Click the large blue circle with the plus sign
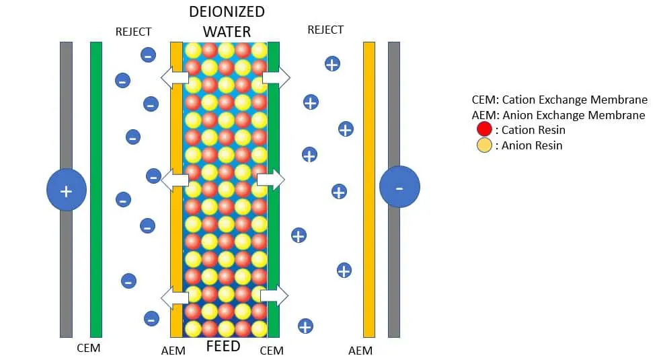pos(67,190)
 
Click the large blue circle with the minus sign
pos(399,186)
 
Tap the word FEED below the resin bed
pos(223,347)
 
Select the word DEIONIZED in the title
pos(227,12)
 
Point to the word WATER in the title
pos(227,32)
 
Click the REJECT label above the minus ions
pos(133,32)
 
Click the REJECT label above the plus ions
pos(325,30)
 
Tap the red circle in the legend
pos(484,130)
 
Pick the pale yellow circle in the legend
pos(484,145)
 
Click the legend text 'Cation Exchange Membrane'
pos(574,100)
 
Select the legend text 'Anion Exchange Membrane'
pos(574,115)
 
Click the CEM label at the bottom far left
pos(89,348)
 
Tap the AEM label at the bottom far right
pos(360,351)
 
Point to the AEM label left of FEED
pos(173,351)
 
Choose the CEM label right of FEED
pos(272,351)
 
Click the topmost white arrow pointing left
pos(175,77)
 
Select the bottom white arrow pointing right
pos(274,295)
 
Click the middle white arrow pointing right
pos(270,180)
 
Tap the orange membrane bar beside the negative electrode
pos(369,190)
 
